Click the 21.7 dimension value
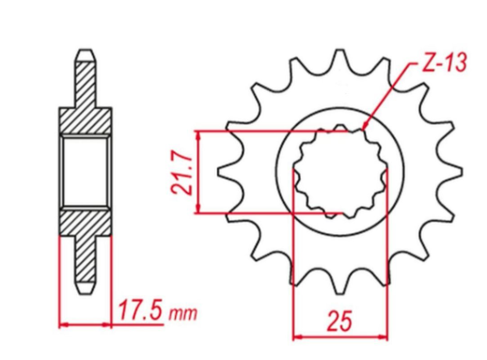click(x=181, y=174)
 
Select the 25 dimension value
click(x=339, y=321)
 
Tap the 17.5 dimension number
click(x=141, y=310)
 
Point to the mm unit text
click(x=183, y=313)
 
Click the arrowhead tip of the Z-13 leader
click(x=363, y=129)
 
